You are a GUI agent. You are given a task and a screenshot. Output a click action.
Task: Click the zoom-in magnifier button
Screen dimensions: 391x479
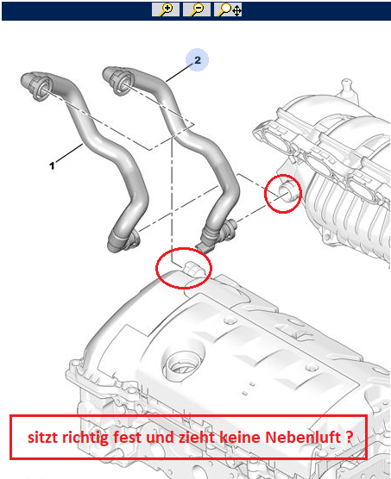tap(166, 9)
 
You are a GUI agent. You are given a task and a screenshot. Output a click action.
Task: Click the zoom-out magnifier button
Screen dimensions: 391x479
tap(197, 9)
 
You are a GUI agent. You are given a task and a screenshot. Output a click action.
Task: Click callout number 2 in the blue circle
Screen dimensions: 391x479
tap(198, 60)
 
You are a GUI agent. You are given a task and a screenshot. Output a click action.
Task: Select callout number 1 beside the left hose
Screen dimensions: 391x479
tap(52, 165)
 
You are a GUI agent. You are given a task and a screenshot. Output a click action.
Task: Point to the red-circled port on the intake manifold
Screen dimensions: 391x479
tap(287, 191)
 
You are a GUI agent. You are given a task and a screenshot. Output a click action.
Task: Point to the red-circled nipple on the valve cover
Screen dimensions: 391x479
tap(192, 269)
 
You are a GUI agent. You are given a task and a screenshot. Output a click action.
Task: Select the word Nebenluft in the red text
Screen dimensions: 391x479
tap(303, 437)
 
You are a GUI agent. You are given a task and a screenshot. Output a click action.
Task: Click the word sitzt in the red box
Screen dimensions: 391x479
tap(43, 438)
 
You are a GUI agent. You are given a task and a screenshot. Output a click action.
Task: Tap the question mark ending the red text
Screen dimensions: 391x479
tap(350, 437)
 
